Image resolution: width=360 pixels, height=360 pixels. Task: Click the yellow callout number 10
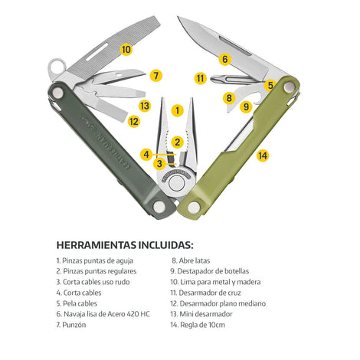click(126, 49)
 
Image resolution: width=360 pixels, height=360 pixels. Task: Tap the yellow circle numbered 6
click(225, 59)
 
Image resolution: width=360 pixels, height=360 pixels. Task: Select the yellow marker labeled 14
click(263, 155)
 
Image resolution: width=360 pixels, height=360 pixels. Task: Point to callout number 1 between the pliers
click(178, 110)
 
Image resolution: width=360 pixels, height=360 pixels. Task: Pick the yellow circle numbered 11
click(201, 78)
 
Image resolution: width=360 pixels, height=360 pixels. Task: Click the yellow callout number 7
click(156, 76)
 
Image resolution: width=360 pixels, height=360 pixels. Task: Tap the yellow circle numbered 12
click(134, 121)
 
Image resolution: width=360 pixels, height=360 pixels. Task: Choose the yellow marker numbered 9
click(246, 106)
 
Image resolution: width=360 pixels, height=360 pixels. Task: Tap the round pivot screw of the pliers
click(176, 183)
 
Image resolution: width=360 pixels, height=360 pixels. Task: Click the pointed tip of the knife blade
click(178, 17)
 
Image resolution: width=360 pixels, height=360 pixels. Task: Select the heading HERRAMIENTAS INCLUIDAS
click(125, 245)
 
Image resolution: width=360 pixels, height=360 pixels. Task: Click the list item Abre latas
click(191, 260)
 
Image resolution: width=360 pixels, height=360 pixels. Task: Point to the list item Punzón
click(71, 325)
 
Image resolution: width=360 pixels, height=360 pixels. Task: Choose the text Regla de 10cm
click(198, 325)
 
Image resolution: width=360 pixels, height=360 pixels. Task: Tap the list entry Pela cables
click(77, 303)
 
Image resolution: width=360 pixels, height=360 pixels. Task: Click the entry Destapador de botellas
click(210, 271)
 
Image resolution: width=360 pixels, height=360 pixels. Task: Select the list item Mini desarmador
click(201, 314)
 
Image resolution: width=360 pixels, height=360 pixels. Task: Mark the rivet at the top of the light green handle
click(289, 87)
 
